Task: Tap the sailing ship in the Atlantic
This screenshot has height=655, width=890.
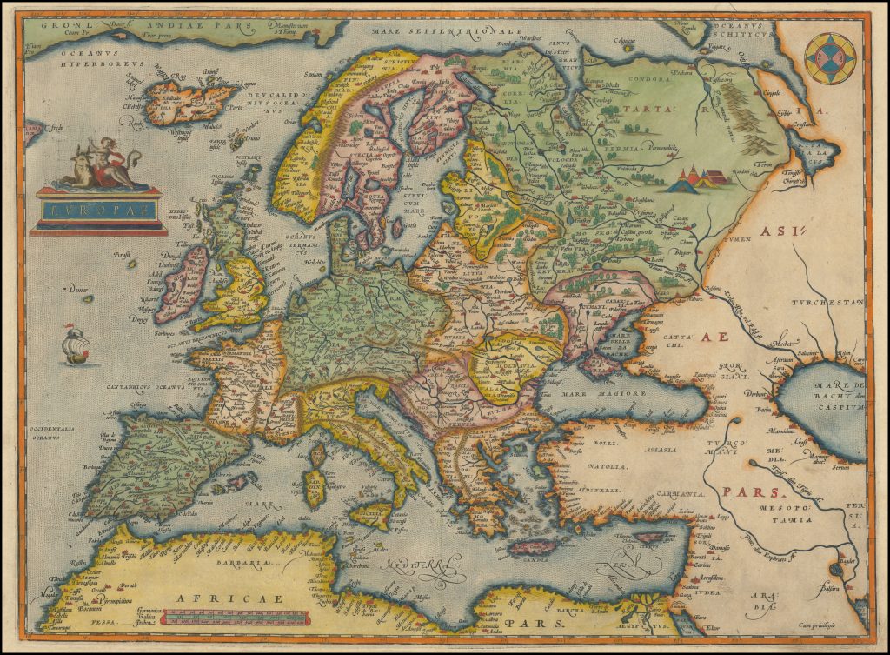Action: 76,344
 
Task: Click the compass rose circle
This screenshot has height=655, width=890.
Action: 830,58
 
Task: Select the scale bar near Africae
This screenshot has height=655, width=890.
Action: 235,619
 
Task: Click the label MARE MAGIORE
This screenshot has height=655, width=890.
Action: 616,393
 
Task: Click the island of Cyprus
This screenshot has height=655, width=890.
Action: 652,537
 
